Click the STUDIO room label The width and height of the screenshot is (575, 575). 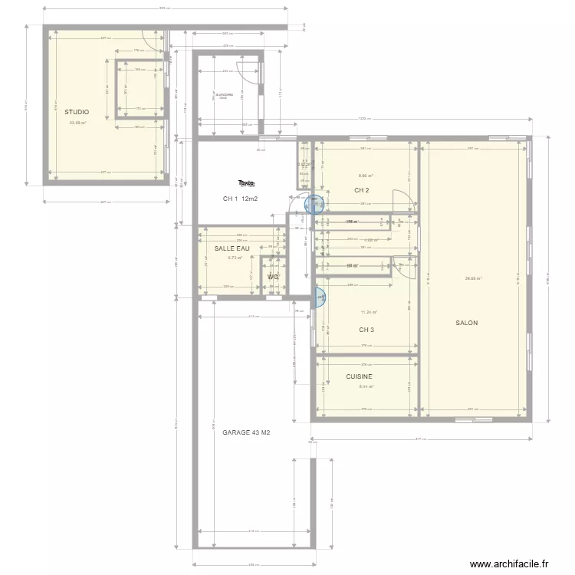76,112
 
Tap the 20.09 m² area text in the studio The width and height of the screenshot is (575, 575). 77,123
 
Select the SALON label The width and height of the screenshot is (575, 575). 466,323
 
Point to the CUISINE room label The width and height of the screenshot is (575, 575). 359,376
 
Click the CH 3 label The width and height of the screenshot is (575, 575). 366,330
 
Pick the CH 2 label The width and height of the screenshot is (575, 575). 362,190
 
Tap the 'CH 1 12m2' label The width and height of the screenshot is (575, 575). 240,199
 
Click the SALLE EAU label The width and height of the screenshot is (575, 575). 232,248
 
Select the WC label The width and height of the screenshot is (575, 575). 272,277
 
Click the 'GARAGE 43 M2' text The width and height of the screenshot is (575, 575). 246,432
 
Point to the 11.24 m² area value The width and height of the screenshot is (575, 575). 369,312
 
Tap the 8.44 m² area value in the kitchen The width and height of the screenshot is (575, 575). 366,386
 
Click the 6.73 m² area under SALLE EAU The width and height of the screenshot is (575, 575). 235,258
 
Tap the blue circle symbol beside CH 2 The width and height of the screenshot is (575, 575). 314,204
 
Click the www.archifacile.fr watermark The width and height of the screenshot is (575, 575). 509,564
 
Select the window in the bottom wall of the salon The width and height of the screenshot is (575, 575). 473,419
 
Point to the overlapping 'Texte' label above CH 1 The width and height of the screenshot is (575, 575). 245,183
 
